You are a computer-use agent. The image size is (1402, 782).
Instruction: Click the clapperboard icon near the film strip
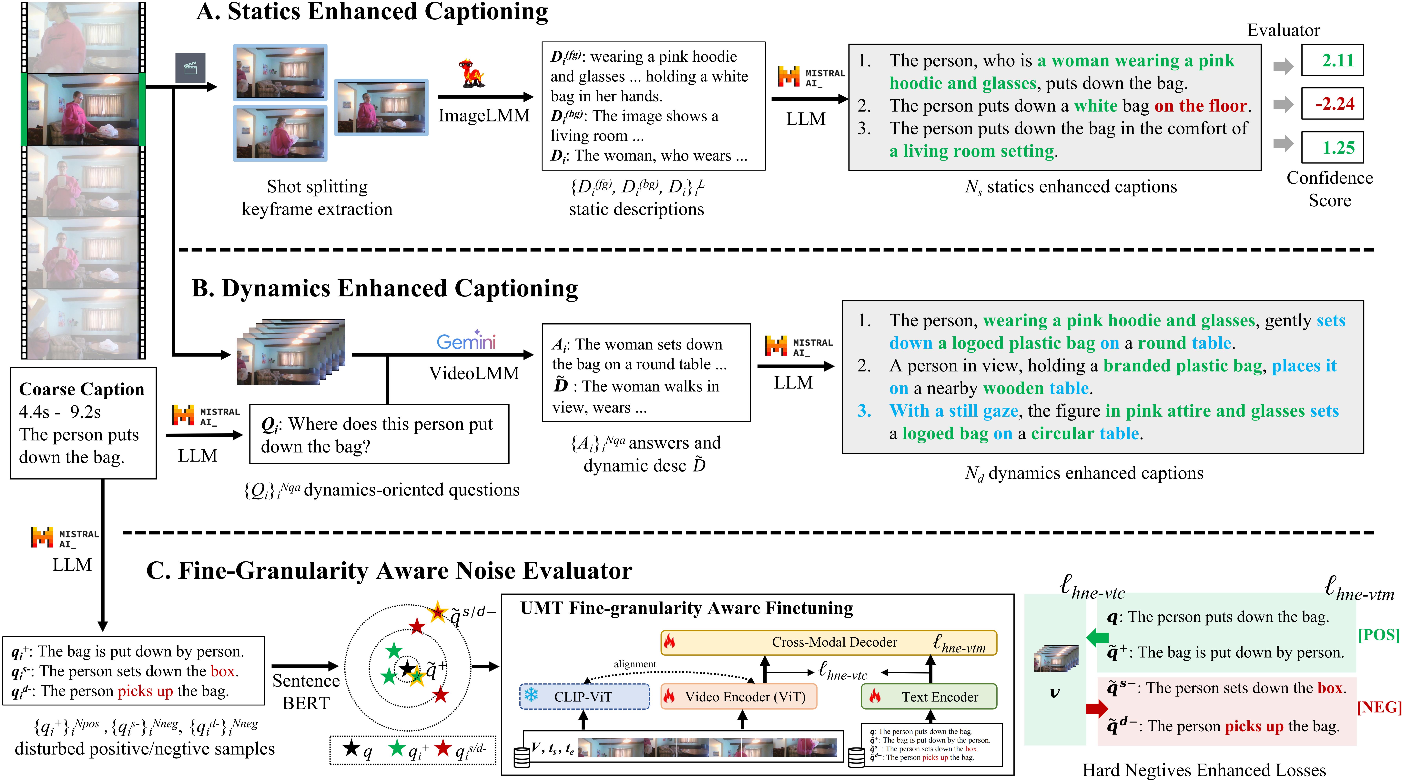(190, 68)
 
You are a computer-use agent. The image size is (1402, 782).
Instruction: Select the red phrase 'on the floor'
(1200, 106)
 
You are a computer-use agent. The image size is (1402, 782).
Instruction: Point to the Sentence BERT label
(306, 692)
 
